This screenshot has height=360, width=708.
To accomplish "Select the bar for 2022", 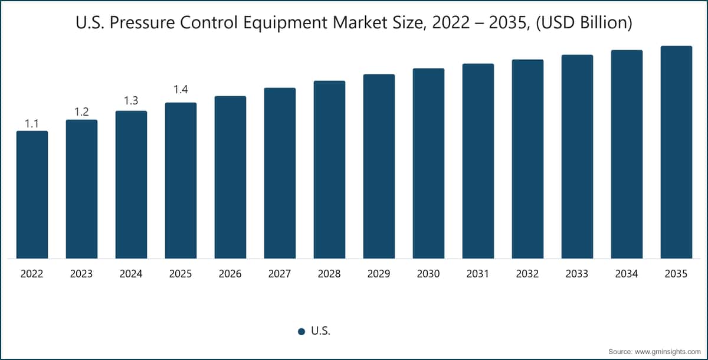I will (x=32, y=195).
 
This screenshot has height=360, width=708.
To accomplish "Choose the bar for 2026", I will (x=230, y=177).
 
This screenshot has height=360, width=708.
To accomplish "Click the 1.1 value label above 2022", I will (x=32, y=123).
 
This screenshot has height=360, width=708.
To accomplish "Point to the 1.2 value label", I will (x=81, y=112).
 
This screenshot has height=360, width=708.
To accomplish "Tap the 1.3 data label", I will (x=131, y=102).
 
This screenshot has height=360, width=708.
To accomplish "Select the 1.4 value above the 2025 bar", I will (x=181, y=90).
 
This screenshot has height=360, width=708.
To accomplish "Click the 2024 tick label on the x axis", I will (x=131, y=274).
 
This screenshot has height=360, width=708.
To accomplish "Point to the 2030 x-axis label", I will (x=428, y=274).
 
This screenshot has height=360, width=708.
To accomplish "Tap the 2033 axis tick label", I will (x=577, y=274).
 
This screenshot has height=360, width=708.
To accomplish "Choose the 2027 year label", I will (x=280, y=274).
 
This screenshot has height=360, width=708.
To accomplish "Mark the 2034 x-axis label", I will (x=627, y=274).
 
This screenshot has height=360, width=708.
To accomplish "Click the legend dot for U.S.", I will (x=301, y=332).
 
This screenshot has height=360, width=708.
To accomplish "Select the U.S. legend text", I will (x=321, y=331).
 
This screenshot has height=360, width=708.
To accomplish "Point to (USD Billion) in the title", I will (x=584, y=23).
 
